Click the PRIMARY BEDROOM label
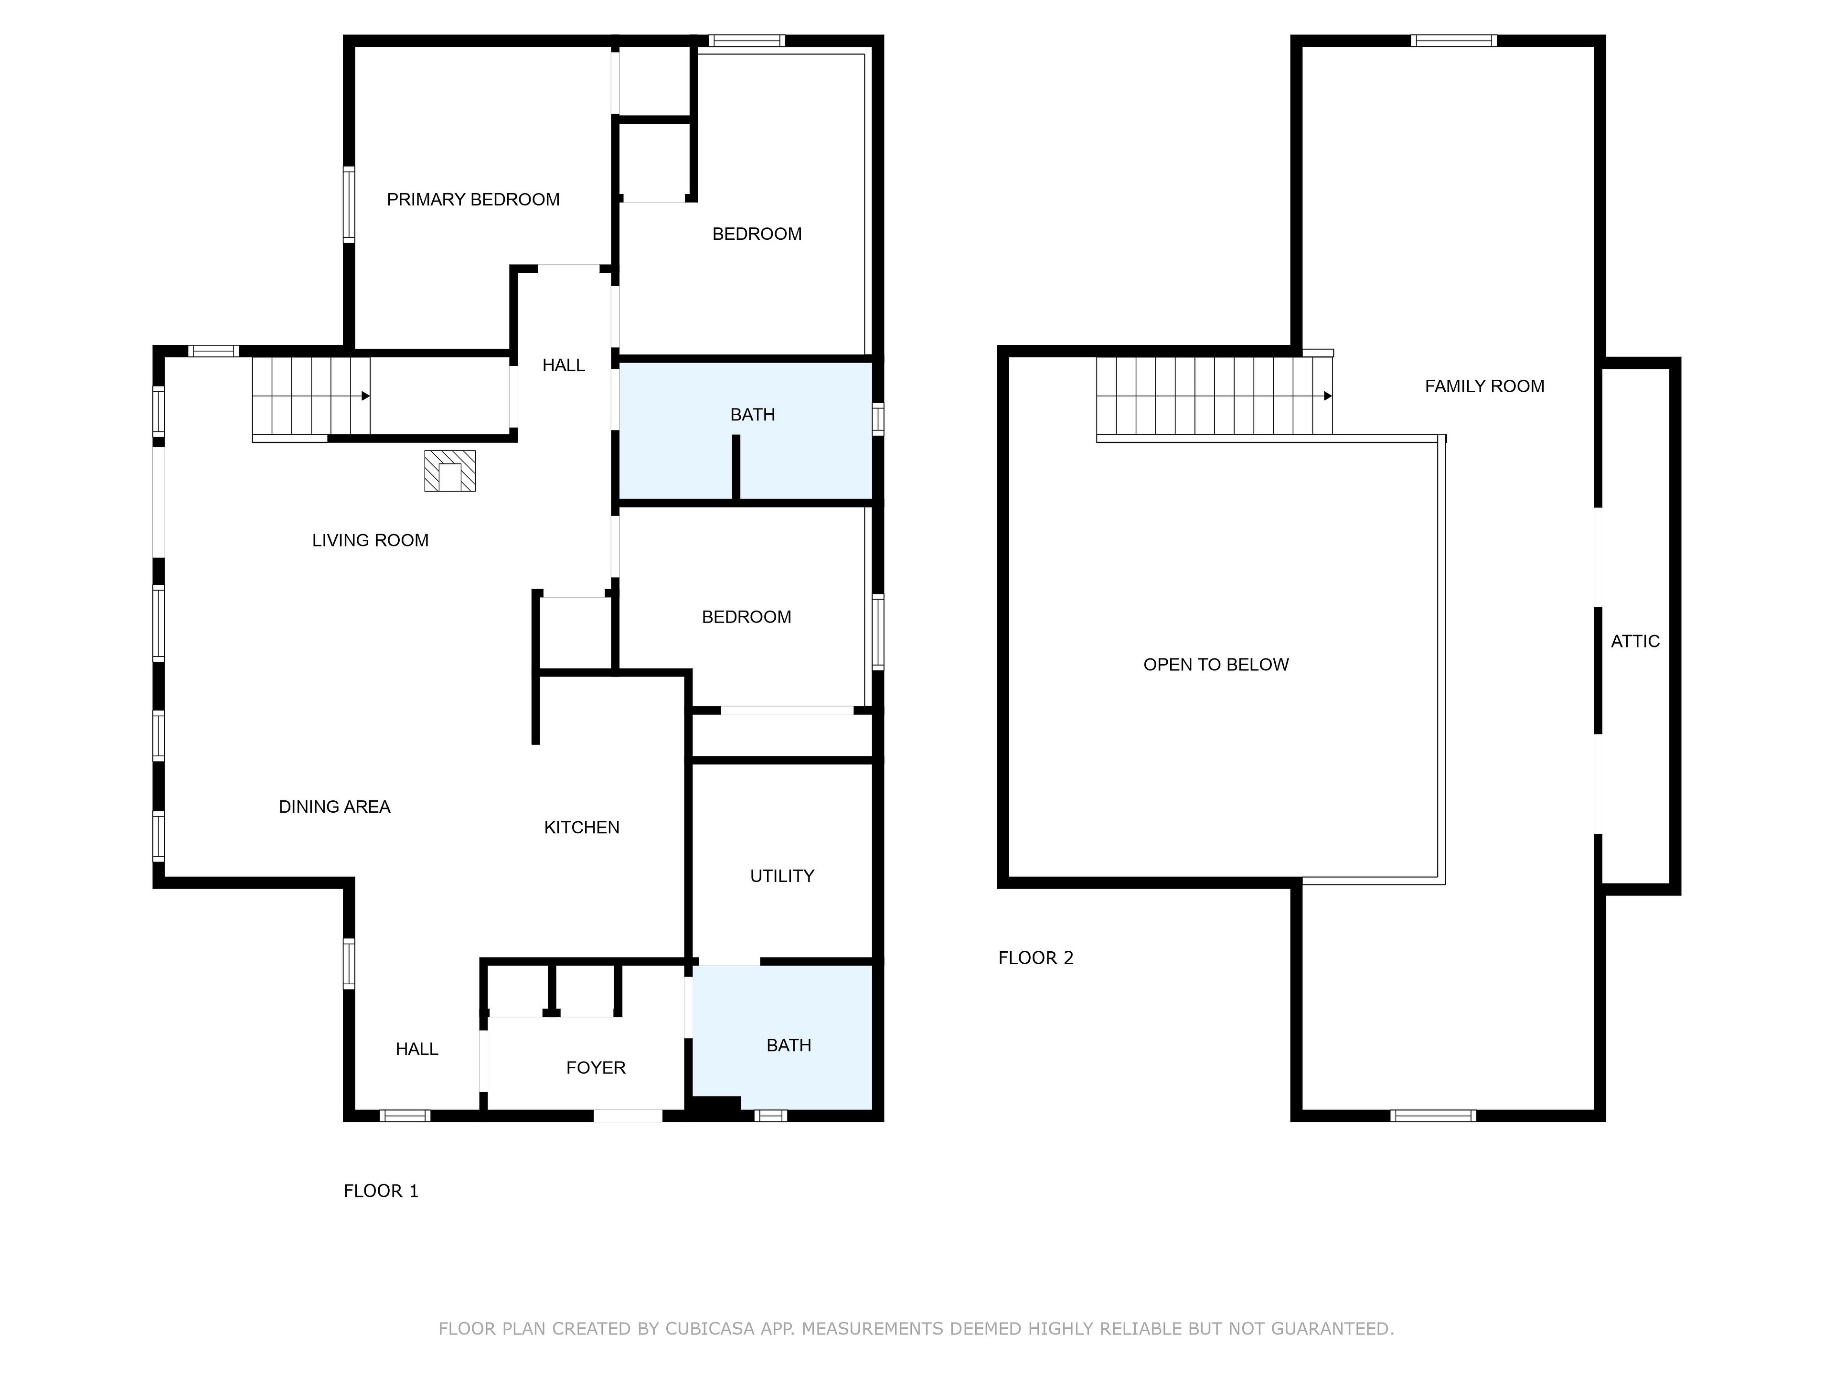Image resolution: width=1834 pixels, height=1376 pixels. point(473,200)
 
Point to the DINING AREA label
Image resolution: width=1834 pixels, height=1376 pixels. point(334,807)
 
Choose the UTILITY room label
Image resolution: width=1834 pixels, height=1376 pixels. point(782,877)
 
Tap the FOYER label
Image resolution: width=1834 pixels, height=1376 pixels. point(595,1068)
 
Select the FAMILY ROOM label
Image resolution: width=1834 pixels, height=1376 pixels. point(1484,387)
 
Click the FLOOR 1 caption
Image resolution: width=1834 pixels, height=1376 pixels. point(381,1192)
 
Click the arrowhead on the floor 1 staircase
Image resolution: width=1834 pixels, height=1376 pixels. point(366,397)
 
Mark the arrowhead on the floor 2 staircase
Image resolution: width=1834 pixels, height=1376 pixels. point(1327,397)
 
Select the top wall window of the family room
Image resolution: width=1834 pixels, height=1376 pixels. point(1453,41)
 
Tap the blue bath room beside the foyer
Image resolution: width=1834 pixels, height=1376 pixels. point(782,1037)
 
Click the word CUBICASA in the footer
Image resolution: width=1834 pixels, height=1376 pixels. point(710,1330)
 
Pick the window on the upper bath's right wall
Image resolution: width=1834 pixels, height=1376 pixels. point(878,419)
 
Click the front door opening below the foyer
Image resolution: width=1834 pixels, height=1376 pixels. point(628,1116)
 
